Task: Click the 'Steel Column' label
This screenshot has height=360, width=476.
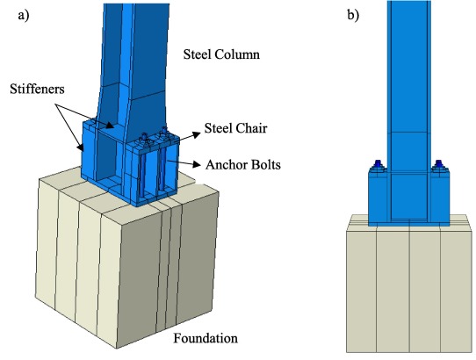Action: coord(221,54)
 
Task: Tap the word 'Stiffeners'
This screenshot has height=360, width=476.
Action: coord(37,89)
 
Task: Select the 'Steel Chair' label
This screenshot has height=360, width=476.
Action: coord(235,128)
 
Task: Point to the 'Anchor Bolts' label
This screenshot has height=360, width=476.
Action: coord(243,165)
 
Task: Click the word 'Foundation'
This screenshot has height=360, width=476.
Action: coord(206,338)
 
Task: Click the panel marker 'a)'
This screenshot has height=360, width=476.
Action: coord(24,15)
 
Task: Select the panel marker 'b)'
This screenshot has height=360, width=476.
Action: coord(353,15)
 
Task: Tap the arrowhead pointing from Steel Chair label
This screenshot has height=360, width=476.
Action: coord(197,134)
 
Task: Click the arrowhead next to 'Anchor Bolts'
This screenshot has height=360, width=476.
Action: coord(197,164)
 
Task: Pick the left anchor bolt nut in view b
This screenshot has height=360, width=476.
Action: coord(378,164)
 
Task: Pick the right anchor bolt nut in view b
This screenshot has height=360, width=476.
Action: coord(439,164)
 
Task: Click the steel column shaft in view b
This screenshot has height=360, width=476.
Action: coord(408,85)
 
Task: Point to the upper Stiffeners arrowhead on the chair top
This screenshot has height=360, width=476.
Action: coord(110,125)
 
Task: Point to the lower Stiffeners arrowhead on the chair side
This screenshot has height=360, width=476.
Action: coord(81,148)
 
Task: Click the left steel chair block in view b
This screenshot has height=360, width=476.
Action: coord(379,198)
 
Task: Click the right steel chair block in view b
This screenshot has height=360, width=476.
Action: coord(440,198)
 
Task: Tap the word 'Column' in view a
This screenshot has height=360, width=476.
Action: coord(237,54)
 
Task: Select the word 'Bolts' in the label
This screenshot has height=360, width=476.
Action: coord(263,165)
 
